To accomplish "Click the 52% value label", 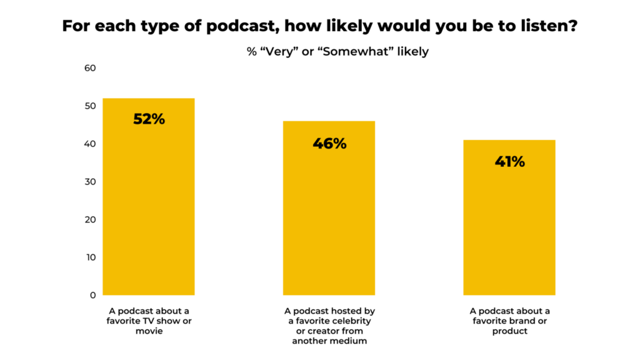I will (149, 119).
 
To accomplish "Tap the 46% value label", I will (329, 143).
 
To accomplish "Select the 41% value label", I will (509, 161).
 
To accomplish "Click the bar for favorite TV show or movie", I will (149, 206).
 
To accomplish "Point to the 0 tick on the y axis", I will (91, 295).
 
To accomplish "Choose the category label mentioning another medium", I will (329, 325).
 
